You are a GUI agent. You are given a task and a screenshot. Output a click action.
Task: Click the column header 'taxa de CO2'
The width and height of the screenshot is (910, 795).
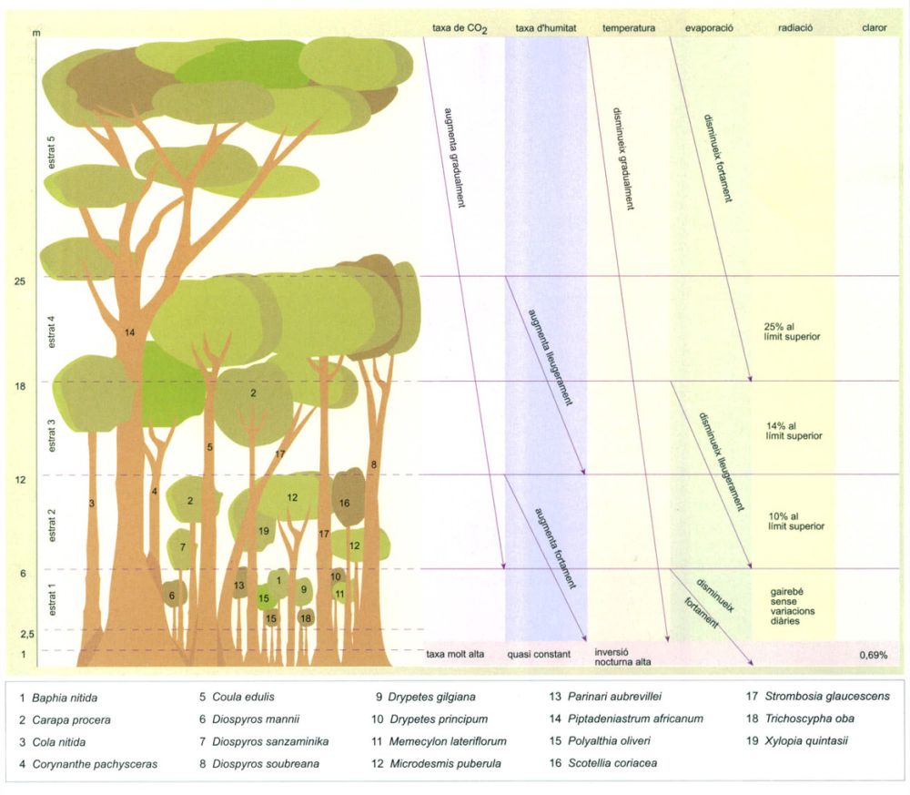point(460,28)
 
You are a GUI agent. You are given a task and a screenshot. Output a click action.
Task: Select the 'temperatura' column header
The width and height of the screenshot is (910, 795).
point(629,28)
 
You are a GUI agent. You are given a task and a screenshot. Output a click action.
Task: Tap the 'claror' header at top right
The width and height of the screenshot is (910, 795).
point(874,28)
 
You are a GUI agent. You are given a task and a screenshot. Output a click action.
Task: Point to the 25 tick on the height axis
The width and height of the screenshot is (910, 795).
point(20,281)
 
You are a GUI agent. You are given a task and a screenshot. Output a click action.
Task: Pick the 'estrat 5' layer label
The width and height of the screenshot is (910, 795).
point(52,152)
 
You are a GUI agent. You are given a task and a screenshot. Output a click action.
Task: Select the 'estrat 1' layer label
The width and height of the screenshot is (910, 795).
point(53,602)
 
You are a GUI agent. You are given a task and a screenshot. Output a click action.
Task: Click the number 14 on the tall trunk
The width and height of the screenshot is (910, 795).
point(129,332)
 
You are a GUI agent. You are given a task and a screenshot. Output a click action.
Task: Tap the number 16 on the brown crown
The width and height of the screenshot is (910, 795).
point(344,503)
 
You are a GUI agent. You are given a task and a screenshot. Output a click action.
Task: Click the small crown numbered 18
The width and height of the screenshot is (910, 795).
point(306,618)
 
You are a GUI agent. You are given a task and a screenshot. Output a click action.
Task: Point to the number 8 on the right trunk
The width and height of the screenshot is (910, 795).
point(374,464)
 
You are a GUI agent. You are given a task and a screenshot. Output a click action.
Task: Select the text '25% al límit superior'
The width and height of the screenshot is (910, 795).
point(792,331)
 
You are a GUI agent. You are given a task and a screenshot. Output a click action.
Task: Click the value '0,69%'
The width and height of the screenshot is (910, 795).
point(874,655)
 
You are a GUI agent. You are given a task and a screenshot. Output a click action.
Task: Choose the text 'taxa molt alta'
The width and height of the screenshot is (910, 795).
point(455,655)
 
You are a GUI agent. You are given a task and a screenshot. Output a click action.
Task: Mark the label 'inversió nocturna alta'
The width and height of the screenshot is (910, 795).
point(622,657)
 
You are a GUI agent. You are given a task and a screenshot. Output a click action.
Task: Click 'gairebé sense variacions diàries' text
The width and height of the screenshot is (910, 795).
point(793,606)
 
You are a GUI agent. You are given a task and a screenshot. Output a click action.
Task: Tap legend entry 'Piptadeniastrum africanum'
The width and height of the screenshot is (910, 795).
point(627,719)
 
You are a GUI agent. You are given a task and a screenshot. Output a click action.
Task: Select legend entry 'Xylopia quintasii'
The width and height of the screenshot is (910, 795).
point(797,741)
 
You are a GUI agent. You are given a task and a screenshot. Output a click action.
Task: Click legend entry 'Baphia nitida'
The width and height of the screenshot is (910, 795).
point(58,698)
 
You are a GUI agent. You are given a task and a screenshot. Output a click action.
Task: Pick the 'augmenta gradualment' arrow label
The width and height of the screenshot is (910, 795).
point(454,158)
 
